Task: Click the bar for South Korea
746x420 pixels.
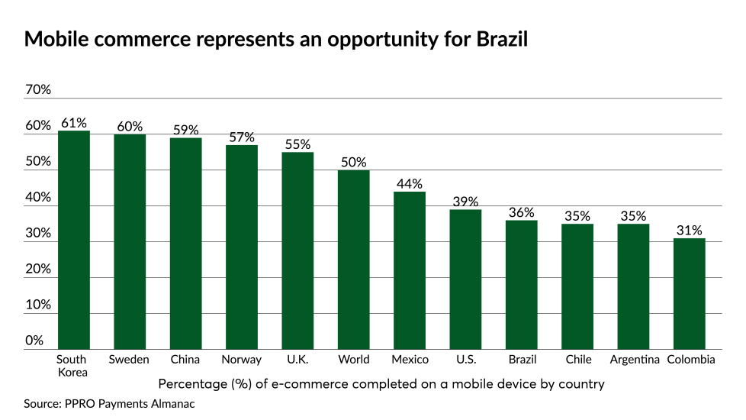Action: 74,240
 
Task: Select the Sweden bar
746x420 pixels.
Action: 130,241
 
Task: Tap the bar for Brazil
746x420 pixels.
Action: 522,284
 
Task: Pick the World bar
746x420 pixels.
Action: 354,260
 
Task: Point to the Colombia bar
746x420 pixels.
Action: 690,293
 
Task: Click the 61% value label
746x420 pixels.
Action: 74,122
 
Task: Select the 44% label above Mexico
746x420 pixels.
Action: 410,183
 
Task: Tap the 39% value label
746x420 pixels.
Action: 465,202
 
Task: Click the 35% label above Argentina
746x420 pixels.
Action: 633,215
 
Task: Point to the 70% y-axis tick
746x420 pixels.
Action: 37,89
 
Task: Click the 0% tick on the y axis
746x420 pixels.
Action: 34,341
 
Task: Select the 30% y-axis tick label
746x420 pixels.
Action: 37,233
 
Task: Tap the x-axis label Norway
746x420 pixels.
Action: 241,359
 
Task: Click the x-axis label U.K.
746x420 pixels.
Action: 297,359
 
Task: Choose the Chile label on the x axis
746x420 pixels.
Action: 577,359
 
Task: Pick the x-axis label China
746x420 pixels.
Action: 185,359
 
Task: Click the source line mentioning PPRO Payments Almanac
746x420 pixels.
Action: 109,403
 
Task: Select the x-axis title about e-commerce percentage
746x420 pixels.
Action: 381,383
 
